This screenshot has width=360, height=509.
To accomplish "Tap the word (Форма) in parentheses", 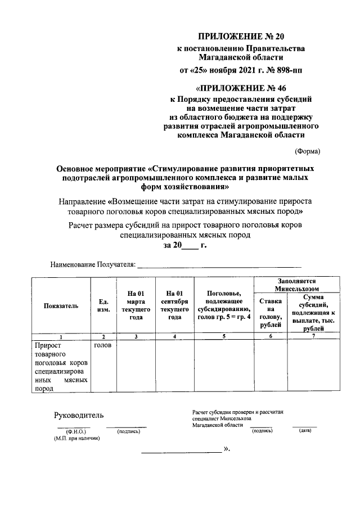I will [308, 151].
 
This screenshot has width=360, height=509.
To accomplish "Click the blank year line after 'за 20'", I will [191, 245].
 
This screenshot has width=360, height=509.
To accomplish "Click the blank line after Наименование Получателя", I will [219, 263].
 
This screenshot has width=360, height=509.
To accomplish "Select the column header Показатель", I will [61, 305].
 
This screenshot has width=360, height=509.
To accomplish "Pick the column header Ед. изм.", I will [103, 305].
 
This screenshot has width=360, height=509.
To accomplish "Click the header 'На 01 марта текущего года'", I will [136, 305].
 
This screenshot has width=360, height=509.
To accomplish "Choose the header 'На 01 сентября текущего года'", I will [174, 305].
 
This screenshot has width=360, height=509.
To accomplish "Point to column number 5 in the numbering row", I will [223, 336].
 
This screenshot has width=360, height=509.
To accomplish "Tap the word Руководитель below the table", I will [79, 415].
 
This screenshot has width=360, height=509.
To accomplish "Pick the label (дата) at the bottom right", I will [305, 430].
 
